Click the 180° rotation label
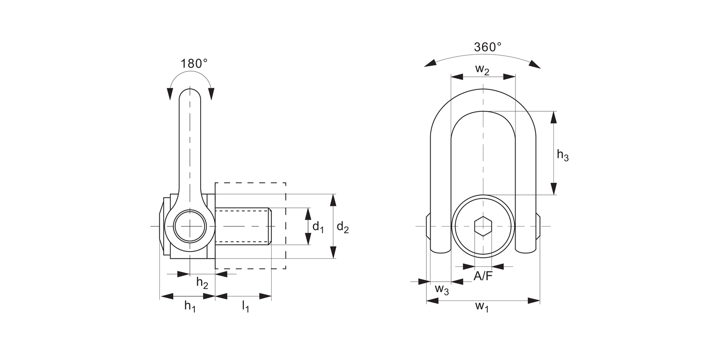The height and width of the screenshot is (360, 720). pyautogui.click(x=194, y=63)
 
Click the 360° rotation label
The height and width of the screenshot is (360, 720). pyautogui.click(x=487, y=47)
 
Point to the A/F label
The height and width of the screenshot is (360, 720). pyautogui.click(x=483, y=276)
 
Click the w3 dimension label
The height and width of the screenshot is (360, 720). pyautogui.click(x=442, y=289)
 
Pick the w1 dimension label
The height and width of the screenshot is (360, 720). pyautogui.click(x=482, y=307)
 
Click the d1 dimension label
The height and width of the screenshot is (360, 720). pyautogui.click(x=318, y=227)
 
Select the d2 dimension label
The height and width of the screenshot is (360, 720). pyautogui.click(x=342, y=227)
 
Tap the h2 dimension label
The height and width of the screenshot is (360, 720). pyautogui.click(x=202, y=283)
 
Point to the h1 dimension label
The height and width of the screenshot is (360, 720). pyautogui.click(x=190, y=306)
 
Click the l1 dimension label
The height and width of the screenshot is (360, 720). pyautogui.click(x=245, y=306)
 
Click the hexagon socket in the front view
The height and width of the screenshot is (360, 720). pyautogui.click(x=483, y=226)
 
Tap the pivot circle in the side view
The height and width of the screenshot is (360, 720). pyautogui.click(x=190, y=226)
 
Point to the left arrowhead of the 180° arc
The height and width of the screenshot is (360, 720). pyautogui.click(x=170, y=94)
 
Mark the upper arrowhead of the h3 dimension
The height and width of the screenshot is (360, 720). pyautogui.click(x=554, y=118)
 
